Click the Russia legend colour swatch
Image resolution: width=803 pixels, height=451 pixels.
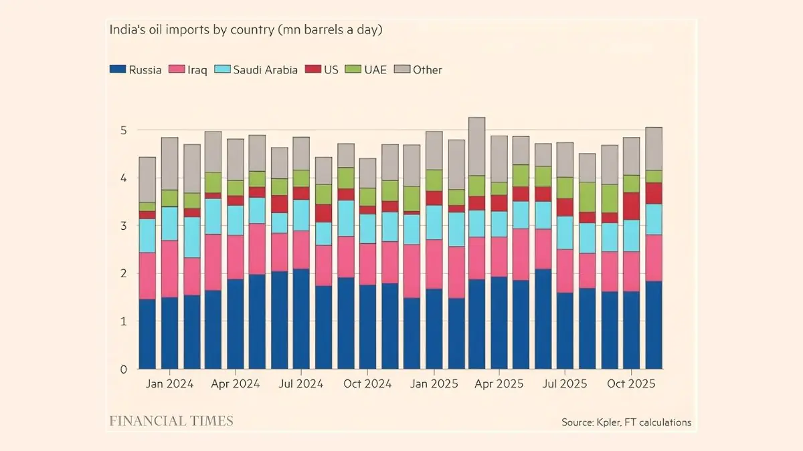[x=118, y=69]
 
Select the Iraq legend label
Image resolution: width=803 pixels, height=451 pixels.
[x=197, y=69]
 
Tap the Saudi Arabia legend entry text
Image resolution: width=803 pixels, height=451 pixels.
[x=265, y=69]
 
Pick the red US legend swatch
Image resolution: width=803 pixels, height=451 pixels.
[x=313, y=69]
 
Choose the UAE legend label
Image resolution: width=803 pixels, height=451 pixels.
[x=375, y=69]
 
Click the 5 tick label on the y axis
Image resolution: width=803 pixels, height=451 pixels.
[x=124, y=130]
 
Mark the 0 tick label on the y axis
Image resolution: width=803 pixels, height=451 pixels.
[x=124, y=369]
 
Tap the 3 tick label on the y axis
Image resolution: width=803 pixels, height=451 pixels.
[x=124, y=226]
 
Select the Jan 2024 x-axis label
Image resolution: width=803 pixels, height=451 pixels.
[x=169, y=384]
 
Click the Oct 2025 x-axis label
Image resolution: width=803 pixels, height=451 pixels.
[x=631, y=384]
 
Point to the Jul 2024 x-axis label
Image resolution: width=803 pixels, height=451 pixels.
[x=301, y=384]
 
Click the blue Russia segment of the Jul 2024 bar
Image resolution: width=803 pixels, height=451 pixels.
[x=301, y=319]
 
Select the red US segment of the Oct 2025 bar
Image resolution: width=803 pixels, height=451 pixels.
[x=631, y=206]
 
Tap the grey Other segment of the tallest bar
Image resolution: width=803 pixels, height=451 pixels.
[x=476, y=146]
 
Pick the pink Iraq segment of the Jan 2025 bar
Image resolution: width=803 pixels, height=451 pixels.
[x=434, y=264]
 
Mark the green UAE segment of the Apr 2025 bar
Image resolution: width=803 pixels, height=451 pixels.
[x=499, y=188]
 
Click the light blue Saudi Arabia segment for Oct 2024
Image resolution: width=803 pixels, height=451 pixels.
[x=368, y=229]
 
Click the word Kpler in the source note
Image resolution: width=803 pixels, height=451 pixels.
[x=608, y=422]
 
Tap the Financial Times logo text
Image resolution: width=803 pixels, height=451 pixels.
[x=171, y=421]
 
